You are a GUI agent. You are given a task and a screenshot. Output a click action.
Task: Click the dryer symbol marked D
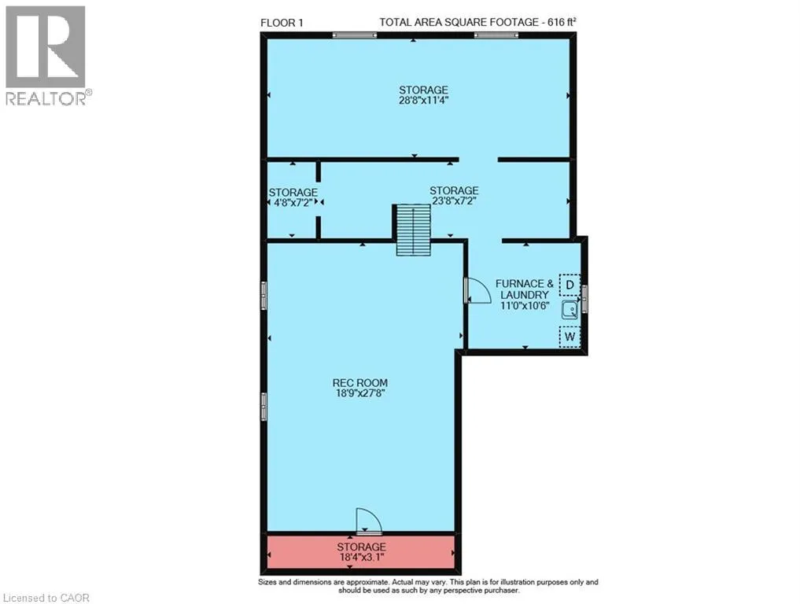pyautogui.click(x=570, y=285)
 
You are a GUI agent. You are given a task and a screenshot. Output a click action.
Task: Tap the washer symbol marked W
pyautogui.click(x=570, y=337)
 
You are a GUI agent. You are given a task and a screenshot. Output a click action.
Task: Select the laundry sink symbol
pyautogui.click(x=570, y=310)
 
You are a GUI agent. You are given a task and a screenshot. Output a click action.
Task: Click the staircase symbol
pyautogui.click(x=412, y=230)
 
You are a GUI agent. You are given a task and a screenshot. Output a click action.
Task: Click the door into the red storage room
pyautogui.click(x=369, y=522)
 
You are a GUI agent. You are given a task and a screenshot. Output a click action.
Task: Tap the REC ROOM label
pyautogui.click(x=360, y=382)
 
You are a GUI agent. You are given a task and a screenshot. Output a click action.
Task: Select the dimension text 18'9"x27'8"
pyautogui.click(x=360, y=393)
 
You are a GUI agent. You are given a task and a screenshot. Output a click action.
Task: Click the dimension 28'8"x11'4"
pyautogui.click(x=423, y=101)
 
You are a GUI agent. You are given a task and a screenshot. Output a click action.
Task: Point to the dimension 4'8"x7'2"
pyautogui.click(x=293, y=202)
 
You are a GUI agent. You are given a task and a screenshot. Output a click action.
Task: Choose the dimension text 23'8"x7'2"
pyautogui.click(x=454, y=201)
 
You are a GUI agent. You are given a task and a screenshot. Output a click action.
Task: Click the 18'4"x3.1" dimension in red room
pyautogui.click(x=361, y=557)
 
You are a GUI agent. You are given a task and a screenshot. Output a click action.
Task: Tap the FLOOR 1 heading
pyautogui.click(x=278, y=23)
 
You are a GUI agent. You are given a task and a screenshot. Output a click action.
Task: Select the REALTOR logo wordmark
pyautogui.click(x=49, y=98)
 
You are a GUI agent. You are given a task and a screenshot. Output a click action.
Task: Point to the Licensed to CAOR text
pyautogui.click(x=46, y=598)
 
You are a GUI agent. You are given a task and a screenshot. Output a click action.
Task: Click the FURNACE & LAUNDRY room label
pyautogui.click(x=525, y=289)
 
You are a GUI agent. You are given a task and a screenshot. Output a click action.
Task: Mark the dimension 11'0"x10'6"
pyautogui.click(x=525, y=306)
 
